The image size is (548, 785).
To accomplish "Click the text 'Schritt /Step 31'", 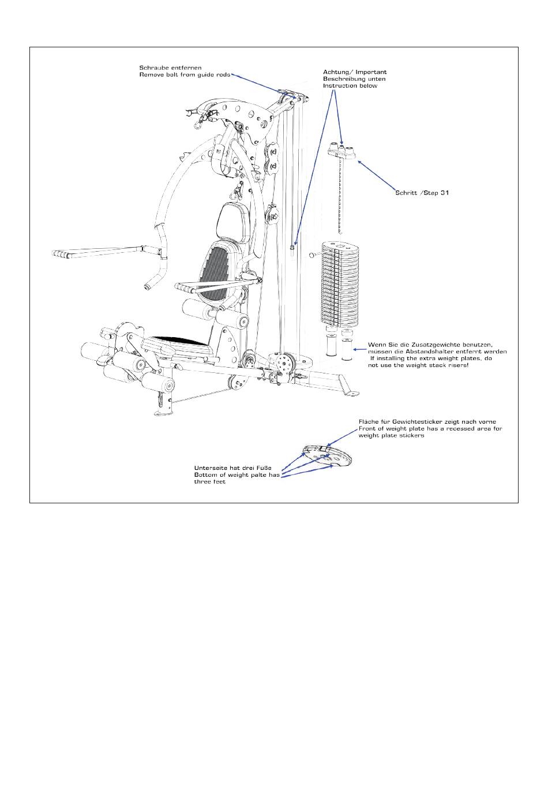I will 422,193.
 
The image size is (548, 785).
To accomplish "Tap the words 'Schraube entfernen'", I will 171,68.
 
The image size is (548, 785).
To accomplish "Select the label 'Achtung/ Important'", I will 354,72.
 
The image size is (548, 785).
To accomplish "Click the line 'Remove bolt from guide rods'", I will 185,75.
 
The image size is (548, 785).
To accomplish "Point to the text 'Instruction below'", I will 350,86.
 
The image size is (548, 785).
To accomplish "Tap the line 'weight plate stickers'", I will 392,436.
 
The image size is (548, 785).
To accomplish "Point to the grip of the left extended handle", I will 63,253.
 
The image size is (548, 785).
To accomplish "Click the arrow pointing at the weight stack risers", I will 361,349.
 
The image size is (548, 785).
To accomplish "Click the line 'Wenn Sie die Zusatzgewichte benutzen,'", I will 430,345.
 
